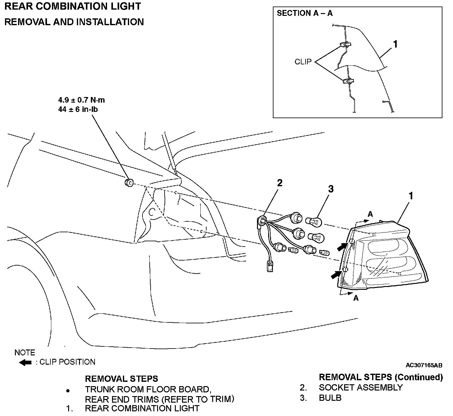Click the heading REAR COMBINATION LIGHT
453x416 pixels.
tap(72, 6)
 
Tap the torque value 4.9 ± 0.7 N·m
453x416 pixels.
tap(82, 100)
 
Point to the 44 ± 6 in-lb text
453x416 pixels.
tap(78, 109)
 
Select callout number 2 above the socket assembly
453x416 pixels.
tap(279, 183)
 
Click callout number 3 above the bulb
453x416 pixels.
tap(331, 189)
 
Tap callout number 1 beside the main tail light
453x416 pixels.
tap(411, 196)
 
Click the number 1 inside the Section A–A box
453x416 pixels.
tap(395, 44)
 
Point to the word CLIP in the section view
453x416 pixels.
tap(303, 62)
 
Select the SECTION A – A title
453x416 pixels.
tap(305, 13)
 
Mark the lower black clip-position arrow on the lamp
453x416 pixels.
tap(336, 274)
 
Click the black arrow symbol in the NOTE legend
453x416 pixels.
tap(25, 363)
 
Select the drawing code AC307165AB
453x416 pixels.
tap(424, 365)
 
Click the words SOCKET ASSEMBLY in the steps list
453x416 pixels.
tap(361, 388)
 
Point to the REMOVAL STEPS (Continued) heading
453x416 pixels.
tap(381, 377)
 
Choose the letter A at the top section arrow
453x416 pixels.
tap(370, 214)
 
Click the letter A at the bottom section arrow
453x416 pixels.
tap(356, 298)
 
